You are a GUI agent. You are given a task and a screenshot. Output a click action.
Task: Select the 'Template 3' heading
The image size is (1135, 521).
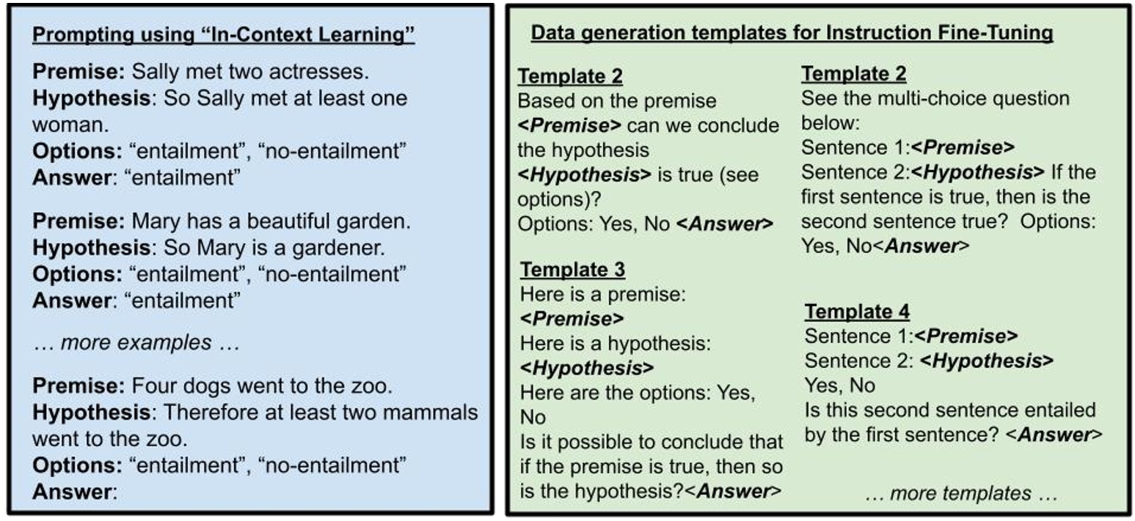click(572, 269)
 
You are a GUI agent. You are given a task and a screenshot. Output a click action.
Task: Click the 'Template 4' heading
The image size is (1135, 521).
click(857, 311)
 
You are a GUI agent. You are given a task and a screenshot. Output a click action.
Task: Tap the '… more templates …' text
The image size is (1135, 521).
click(961, 493)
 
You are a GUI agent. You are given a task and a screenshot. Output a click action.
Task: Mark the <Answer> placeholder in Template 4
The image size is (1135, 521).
click(1054, 435)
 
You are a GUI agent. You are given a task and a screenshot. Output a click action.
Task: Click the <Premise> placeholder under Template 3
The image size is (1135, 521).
click(571, 318)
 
